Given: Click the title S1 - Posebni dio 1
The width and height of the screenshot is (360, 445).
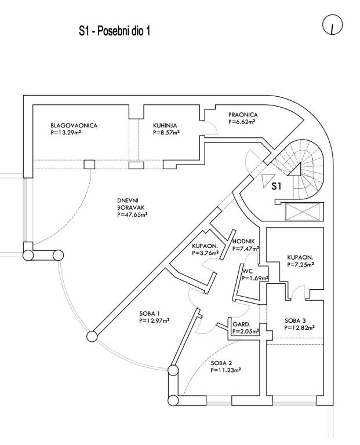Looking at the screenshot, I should click(x=115, y=30).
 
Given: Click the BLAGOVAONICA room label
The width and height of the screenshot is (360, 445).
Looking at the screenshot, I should click(x=74, y=125).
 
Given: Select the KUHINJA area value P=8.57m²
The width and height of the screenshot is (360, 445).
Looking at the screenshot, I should click(x=166, y=132).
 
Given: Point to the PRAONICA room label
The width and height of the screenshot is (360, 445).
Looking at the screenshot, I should click(x=242, y=115).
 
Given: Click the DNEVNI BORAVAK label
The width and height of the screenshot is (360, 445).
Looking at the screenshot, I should click(x=131, y=206).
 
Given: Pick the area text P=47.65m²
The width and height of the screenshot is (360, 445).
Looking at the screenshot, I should click(x=132, y=215).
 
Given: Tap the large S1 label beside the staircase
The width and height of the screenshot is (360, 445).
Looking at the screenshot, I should click(x=278, y=186).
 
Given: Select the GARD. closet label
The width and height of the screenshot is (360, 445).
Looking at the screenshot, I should click(x=241, y=324).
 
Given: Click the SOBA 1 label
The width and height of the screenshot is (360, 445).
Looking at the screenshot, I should click(x=149, y=314).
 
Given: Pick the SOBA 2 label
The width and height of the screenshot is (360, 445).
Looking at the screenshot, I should click(x=222, y=362).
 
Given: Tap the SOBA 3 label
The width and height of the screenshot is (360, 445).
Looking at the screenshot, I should click(x=295, y=320).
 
